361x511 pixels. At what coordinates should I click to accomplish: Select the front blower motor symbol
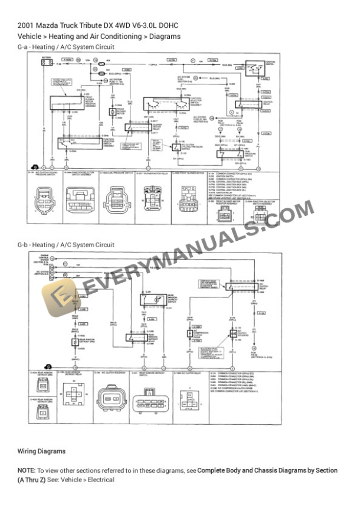tap(112, 111)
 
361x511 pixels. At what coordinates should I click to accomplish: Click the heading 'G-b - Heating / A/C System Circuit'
tap(66, 244)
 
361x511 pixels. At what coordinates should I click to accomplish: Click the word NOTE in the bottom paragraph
tap(27, 470)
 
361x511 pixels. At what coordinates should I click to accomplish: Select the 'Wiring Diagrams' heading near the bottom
tap(41, 451)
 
